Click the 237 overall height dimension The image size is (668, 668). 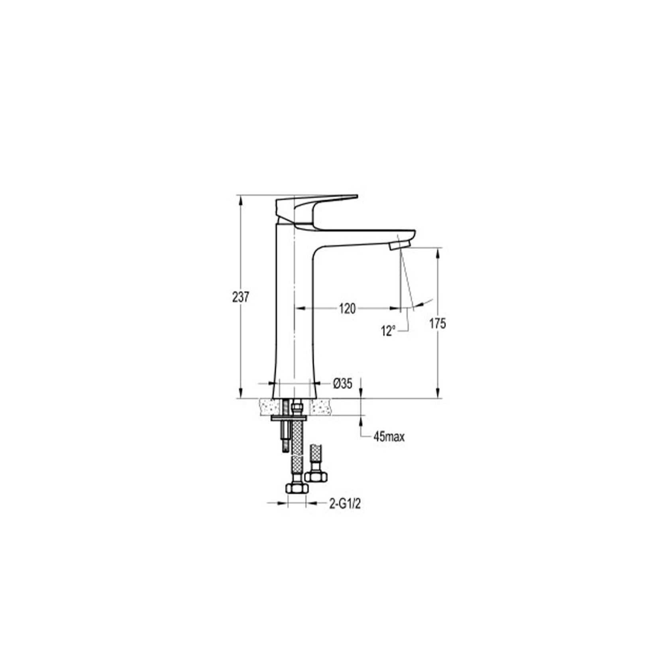pos(240,297)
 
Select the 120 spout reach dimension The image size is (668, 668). pos(347,308)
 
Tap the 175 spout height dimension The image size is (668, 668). pos(437,324)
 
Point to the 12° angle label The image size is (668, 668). pos(388,331)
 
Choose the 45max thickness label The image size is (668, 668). pos(389,437)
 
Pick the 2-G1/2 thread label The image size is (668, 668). pos(345,504)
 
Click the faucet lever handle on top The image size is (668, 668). pos(315,203)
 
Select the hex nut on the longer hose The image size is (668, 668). pos(296,489)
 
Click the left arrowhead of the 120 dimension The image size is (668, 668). pos(297,308)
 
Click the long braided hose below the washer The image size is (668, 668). pos(296,450)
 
